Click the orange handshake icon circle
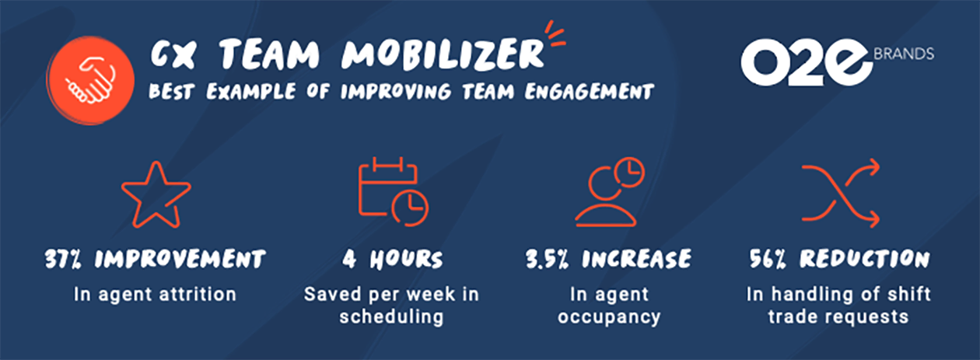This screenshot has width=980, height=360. pos(90,80)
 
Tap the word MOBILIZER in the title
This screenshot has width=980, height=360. pos(443,54)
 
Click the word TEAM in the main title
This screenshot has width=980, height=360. pos(269,54)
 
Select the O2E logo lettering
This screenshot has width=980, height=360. pos(807,62)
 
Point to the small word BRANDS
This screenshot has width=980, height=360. pos(904,54)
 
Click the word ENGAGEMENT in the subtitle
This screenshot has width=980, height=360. pos(590,92)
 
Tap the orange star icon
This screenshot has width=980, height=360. pos(156,194)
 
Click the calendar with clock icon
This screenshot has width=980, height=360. pos(393,191)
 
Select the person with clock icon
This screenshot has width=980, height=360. pos(610,191)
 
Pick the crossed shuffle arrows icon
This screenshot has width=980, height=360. pos(841,193)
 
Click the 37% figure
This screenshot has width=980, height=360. pos(63,259)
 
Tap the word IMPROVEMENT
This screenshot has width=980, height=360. pos(180,259)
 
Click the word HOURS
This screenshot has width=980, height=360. pos(406,259)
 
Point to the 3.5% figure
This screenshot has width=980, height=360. pos(548,259)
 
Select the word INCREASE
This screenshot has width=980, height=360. pos(636,259)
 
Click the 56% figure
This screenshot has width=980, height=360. pos(768,259)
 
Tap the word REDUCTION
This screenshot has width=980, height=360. pos(865,259)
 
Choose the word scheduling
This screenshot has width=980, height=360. pos(391,317)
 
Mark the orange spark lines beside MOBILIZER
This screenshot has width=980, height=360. pos(555,33)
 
